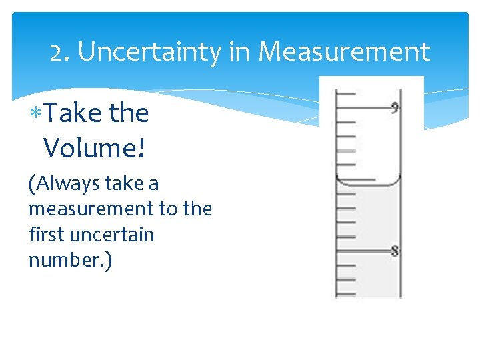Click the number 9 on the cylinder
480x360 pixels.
[395, 107]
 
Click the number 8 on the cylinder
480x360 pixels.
[395, 251]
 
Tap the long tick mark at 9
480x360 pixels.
[363, 107]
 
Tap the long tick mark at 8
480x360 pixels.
[363, 251]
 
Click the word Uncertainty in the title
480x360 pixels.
[149, 51]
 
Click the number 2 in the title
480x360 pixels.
[57, 52]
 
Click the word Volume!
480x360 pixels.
[94, 148]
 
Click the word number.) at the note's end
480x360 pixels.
[70, 260]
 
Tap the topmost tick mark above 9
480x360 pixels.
[346, 93]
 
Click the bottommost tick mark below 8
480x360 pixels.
[346, 294]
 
